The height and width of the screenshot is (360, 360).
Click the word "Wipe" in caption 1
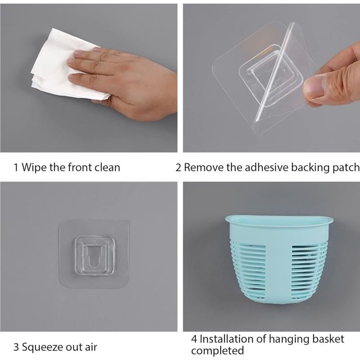[34, 167]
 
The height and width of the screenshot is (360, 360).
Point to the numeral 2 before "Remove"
[178, 167]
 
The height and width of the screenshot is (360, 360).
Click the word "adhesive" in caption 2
[266, 167]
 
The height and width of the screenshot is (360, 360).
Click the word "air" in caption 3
[91, 347]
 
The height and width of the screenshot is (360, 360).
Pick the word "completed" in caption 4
[217, 351]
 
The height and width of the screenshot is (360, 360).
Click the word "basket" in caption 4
[328, 339]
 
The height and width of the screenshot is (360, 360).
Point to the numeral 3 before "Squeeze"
[16, 347]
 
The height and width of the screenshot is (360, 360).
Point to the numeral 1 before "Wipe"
[16, 167]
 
